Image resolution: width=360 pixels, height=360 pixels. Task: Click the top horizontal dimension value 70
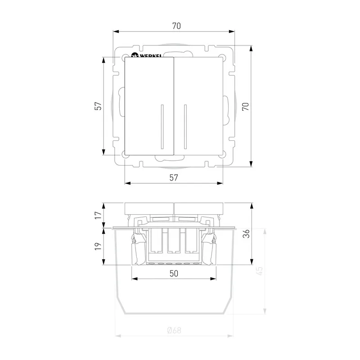(176, 26)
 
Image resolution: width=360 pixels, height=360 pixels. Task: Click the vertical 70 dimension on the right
(246, 106)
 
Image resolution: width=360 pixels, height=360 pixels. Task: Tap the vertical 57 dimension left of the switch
(98, 106)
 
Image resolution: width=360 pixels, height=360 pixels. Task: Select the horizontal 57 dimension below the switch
(174, 177)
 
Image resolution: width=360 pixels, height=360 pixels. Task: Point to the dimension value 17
(98, 215)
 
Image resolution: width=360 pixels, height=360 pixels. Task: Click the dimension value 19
(98, 246)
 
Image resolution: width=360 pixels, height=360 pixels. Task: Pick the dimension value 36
(246, 234)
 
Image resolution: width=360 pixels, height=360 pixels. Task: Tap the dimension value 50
(174, 274)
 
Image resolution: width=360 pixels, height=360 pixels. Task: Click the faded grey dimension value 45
(259, 271)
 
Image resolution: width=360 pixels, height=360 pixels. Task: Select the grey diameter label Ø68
(174, 330)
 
